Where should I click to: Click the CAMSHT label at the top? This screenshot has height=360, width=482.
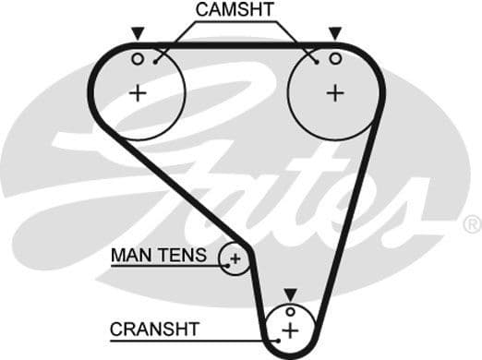click(x=235, y=10)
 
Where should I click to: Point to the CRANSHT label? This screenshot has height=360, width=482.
click(x=154, y=328)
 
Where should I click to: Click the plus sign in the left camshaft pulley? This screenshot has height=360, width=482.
click(x=138, y=92)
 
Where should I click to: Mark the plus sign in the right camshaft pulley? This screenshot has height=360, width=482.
click(x=334, y=92)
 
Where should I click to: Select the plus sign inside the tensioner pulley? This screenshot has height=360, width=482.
click(x=235, y=258)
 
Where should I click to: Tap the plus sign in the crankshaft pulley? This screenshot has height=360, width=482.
click(x=290, y=330)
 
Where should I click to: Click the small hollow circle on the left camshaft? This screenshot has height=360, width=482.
click(x=138, y=58)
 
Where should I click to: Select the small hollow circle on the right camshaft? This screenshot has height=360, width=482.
click(x=335, y=58)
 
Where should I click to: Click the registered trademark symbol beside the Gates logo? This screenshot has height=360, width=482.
click(x=471, y=224)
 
